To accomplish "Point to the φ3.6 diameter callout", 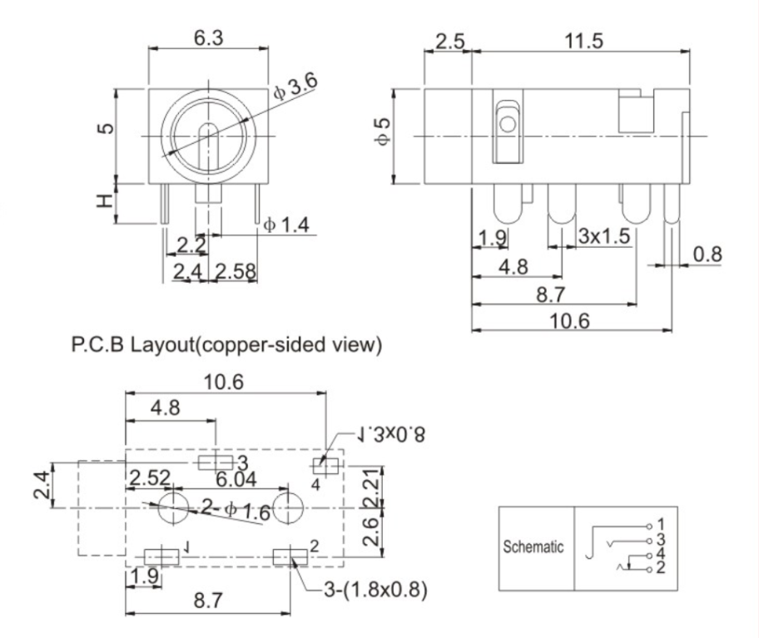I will [295, 87].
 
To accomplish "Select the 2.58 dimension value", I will [236, 271].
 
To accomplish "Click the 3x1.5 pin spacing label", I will [605, 236].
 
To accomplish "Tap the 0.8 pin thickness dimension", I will [709, 253].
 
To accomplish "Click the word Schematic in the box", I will [534, 548].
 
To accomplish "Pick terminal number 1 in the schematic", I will [661, 524].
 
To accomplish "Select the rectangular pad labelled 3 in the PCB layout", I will [215, 462].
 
